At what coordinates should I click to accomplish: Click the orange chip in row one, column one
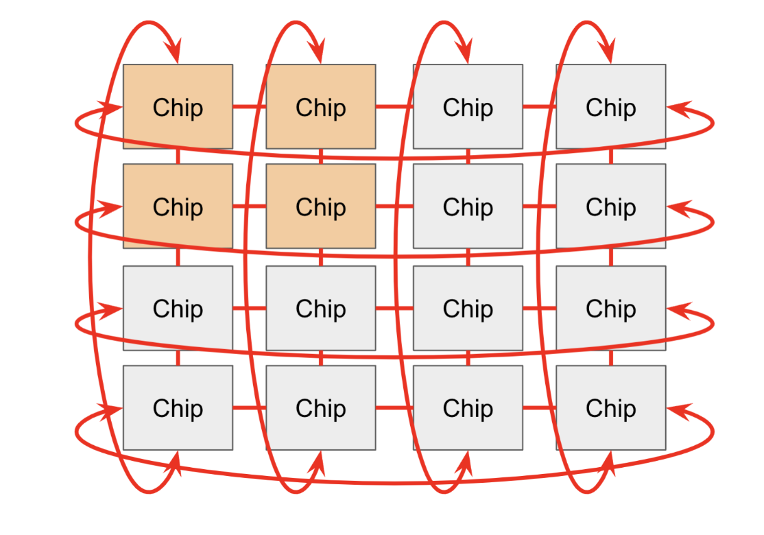[x=178, y=106]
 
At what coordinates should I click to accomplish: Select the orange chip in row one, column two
[x=320, y=106]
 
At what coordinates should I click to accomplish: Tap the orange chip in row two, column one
[x=178, y=206]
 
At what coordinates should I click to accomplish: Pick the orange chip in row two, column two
[x=320, y=206]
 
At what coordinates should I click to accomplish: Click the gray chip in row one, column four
[x=610, y=106]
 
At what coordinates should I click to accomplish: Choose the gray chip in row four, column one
[x=178, y=407]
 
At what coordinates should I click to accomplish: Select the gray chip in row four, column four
[x=610, y=407]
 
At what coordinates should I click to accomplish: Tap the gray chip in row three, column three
[x=468, y=308]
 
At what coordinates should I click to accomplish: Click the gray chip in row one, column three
[x=468, y=106]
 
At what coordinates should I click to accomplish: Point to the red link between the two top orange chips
[x=250, y=107]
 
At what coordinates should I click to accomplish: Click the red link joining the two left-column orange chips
[x=178, y=156]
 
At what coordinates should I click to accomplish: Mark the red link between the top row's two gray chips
[x=539, y=107]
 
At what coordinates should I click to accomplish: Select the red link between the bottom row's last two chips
[x=539, y=408]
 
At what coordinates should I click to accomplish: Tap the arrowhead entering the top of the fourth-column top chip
[x=607, y=52]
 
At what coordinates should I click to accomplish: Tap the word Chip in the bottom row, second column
[x=320, y=408]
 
